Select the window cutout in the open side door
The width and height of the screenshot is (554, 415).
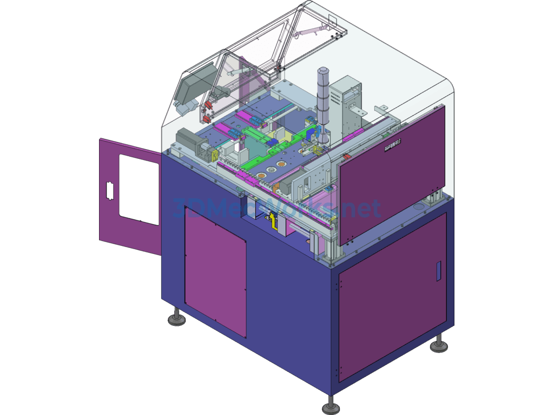(x=139, y=189)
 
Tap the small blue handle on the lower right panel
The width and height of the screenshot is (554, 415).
(x=438, y=271)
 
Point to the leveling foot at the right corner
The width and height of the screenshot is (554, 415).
(x=439, y=344)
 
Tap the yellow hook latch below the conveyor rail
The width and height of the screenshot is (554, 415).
(x=274, y=220)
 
